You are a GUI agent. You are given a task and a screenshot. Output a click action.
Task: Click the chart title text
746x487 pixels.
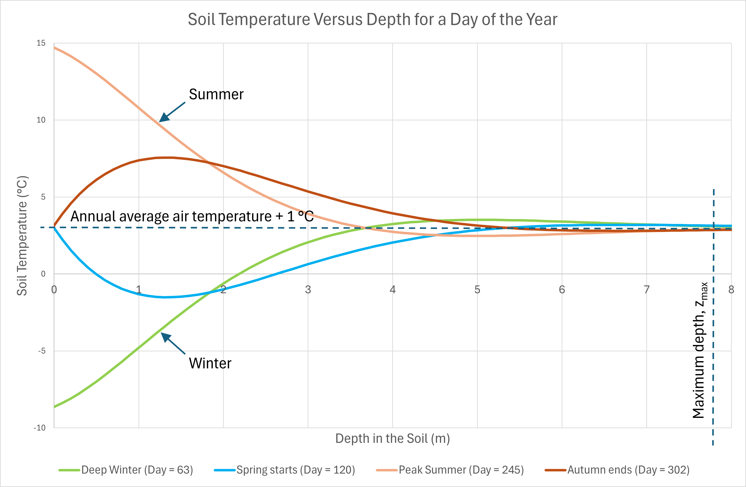[372, 19]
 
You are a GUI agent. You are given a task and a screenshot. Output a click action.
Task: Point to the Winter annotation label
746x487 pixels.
[210, 363]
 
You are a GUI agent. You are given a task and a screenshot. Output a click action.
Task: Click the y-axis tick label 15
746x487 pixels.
[41, 43]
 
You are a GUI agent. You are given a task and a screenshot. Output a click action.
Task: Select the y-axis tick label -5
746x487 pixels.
[42, 351]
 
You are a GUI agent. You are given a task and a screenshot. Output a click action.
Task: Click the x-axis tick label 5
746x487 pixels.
[477, 289]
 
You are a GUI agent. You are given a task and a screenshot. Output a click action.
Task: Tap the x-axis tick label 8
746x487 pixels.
[731, 289]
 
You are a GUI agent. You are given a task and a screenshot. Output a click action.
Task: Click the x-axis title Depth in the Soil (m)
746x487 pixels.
[392, 438]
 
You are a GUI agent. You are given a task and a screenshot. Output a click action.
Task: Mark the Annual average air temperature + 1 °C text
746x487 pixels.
[192, 216]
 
